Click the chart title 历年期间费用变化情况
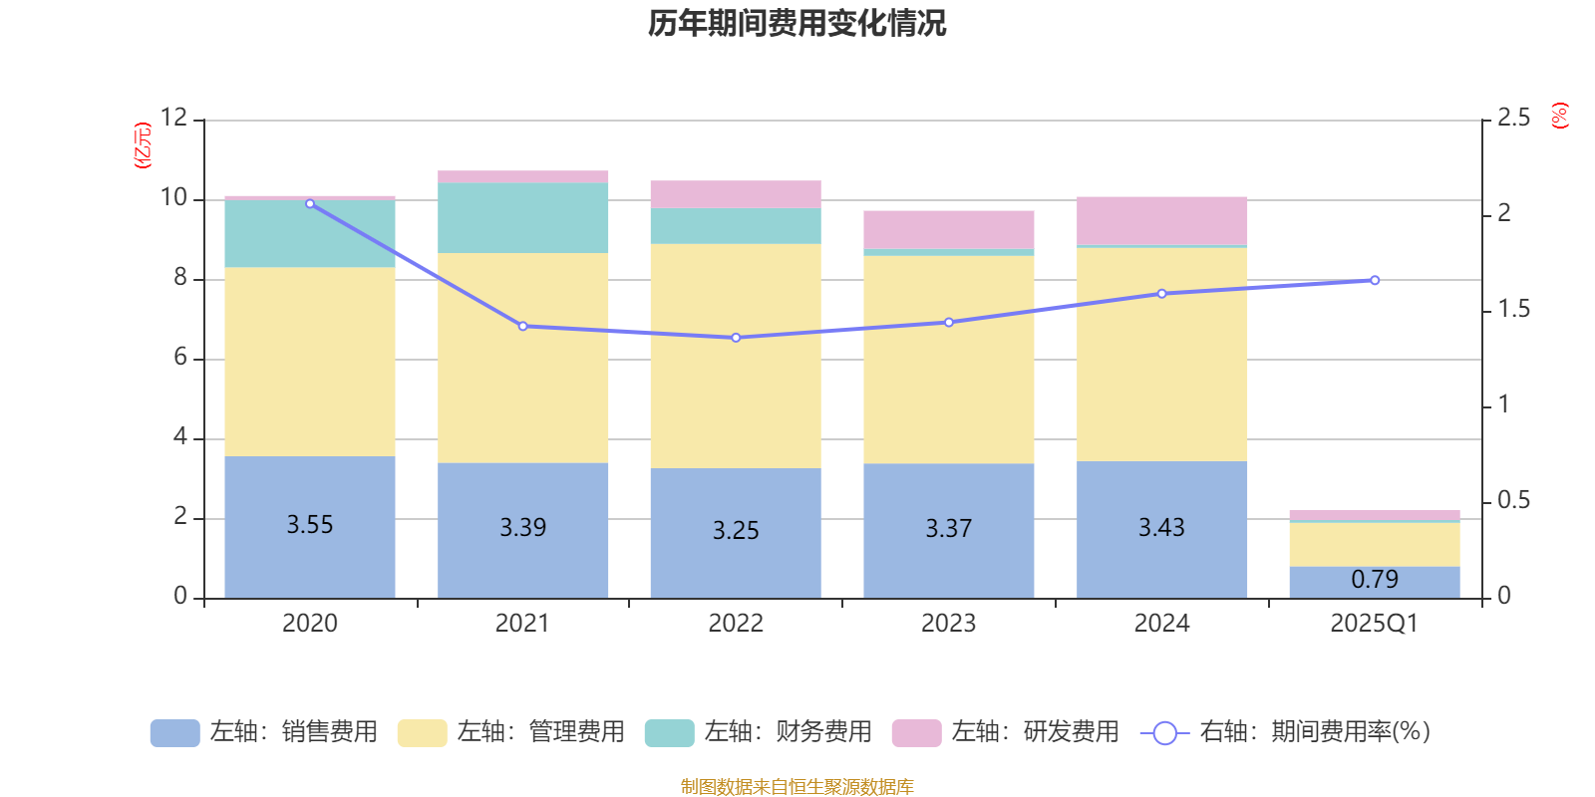(x=797, y=23)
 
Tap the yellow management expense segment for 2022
(x=736, y=356)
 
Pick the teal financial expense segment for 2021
(x=522, y=217)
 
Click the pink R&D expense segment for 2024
(x=1161, y=220)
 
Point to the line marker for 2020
(x=310, y=203)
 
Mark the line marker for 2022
(x=736, y=338)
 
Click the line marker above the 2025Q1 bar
(x=1375, y=280)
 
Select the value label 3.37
(x=948, y=528)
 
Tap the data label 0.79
(x=1375, y=579)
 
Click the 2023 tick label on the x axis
(x=948, y=624)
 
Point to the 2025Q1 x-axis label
(x=1374, y=624)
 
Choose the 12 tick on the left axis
(x=173, y=119)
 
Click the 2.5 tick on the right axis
(x=1513, y=119)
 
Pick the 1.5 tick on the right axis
(x=1513, y=310)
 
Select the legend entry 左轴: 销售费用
(x=264, y=732)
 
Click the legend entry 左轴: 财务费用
(x=759, y=732)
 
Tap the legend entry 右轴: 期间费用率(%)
(x=1285, y=732)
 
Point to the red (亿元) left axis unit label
(x=143, y=145)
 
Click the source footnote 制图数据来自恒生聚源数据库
(x=797, y=787)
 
